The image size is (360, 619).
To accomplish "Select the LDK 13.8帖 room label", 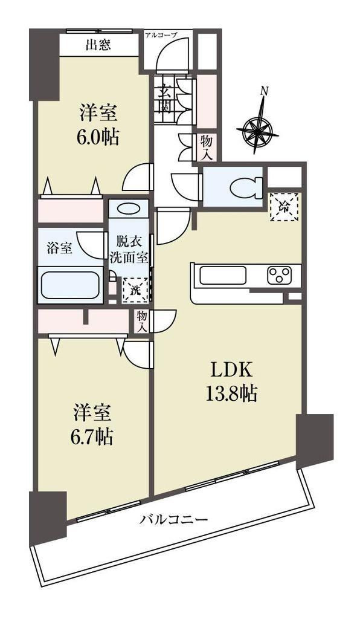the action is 231,382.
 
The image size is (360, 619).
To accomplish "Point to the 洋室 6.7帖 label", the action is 92,424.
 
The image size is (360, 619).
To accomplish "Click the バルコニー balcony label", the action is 173,519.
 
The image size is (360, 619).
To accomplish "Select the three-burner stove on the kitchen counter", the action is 280,275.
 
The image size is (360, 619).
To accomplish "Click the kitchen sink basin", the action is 223,275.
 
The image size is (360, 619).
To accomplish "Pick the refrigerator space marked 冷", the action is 284,207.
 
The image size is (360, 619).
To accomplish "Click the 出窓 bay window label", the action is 98,45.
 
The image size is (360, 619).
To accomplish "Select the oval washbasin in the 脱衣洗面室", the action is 128,208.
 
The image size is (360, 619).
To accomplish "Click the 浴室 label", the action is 59,248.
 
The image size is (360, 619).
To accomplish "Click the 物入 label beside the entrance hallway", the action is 206,147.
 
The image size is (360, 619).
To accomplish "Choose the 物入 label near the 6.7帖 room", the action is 143,321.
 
